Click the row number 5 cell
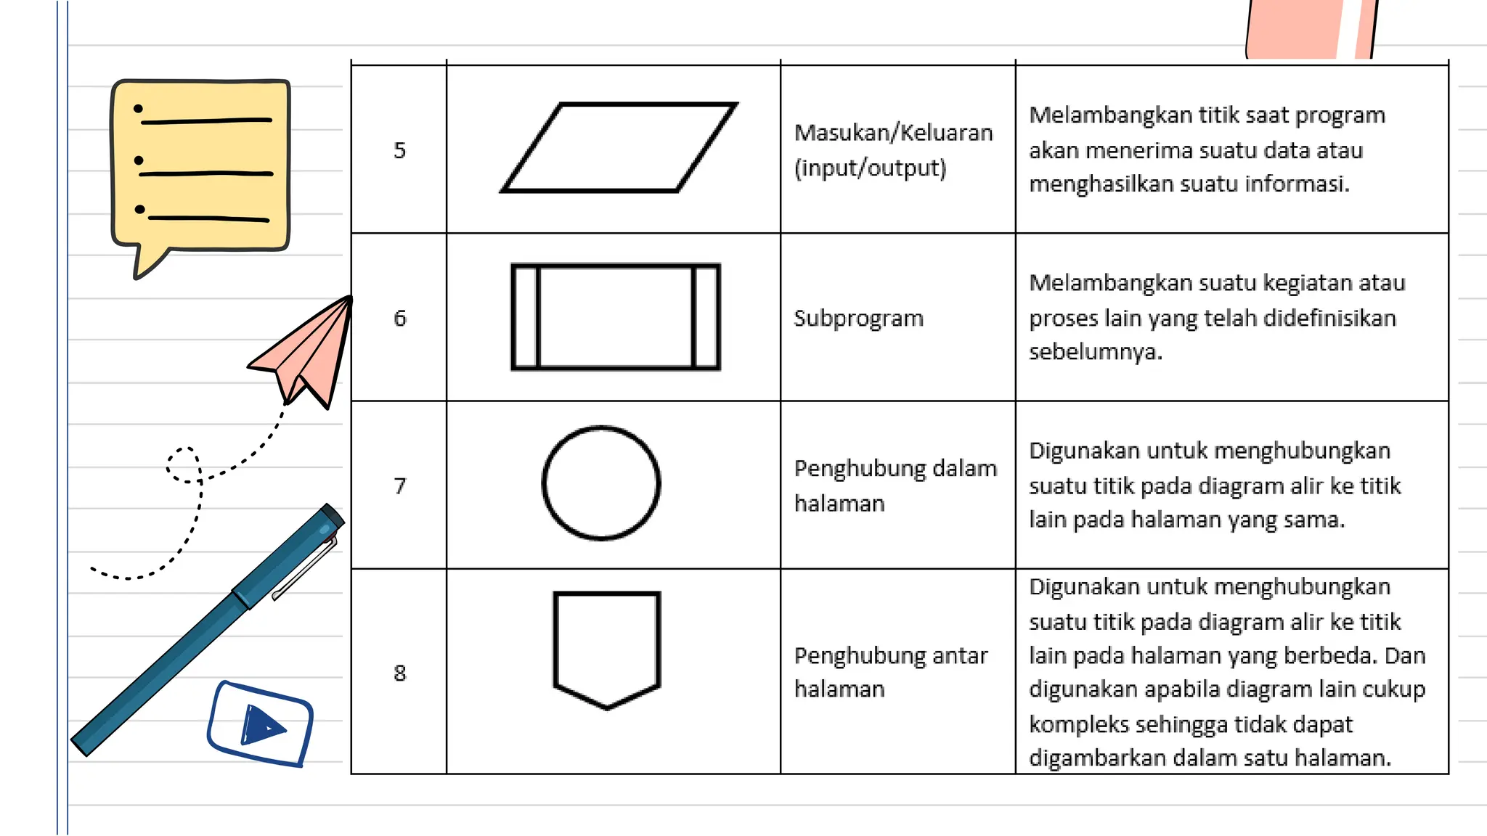pyautogui.click(x=399, y=150)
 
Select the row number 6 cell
pyautogui.click(x=399, y=318)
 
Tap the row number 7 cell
pyautogui.click(x=399, y=485)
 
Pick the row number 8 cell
pyautogui.click(x=399, y=673)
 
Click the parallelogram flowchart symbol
pyautogui.click(x=619, y=148)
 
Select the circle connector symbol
pyautogui.click(x=601, y=483)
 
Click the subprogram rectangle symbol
pyautogui.click(x=616, y=317)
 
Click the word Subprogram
pyautogui.click(x=858, y=318)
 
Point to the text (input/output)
pyautogui.click(x=870, y=168)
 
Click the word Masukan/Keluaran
pyautogui.click(x=893, y=133)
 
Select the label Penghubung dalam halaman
pyautogui.click(x=895, y=485)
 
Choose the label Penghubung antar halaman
pyautogui.click(x=890, y=672)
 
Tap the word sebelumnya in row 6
pyautogui.click(x=1095, y=352)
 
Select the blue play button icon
pyautogui.click(x=260, y=724)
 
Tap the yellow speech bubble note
pyautogui.click(x=200, y=167)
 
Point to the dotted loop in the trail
pyautogui.click(x=183, y=465)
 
